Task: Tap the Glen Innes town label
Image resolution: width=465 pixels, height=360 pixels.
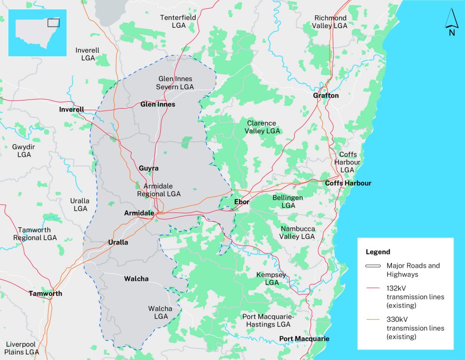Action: tap(158, 105)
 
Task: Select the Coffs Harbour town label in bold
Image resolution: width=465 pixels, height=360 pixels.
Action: tap(348, 183)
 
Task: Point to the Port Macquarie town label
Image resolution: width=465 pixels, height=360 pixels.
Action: tap(304, 339)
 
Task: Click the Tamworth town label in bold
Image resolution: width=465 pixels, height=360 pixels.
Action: tap(45, 294)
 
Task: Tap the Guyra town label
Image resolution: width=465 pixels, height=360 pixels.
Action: tap(148, 168)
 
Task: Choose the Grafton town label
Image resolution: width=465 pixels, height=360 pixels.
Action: tap(326, 95)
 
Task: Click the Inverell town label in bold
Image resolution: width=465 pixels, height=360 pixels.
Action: tap(71, 110)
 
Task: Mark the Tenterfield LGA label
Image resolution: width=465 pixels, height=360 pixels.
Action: tap(178, 21)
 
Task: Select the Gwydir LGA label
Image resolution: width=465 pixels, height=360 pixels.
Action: tap(24, 151)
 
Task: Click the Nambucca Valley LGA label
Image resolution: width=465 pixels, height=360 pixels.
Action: tap(297, 233)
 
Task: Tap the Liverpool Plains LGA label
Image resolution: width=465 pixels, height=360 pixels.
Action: tap(22, 348)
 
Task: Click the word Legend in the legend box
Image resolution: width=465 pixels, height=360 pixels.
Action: tap(378, 252)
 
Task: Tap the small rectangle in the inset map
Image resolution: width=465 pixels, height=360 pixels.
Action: tap(53, 22)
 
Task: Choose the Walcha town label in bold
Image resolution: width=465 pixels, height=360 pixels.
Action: tap(136, 279)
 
